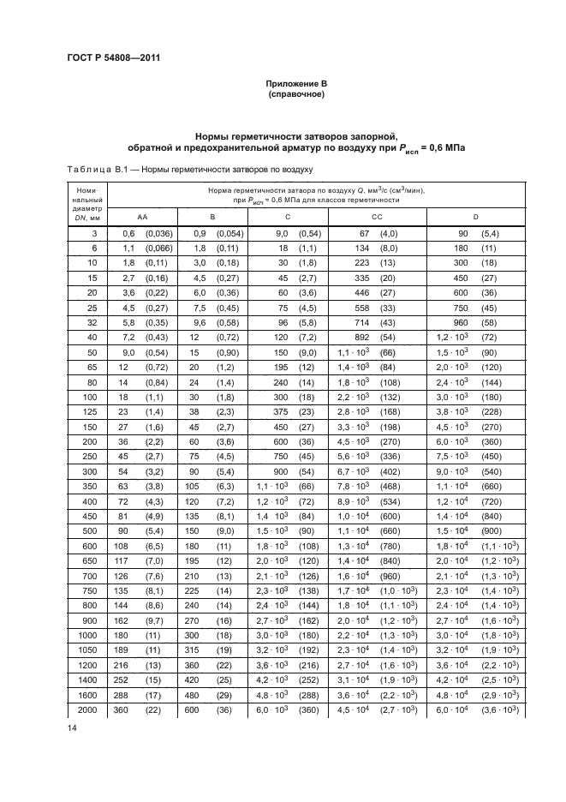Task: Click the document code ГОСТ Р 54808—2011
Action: click(x=114, y=57)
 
